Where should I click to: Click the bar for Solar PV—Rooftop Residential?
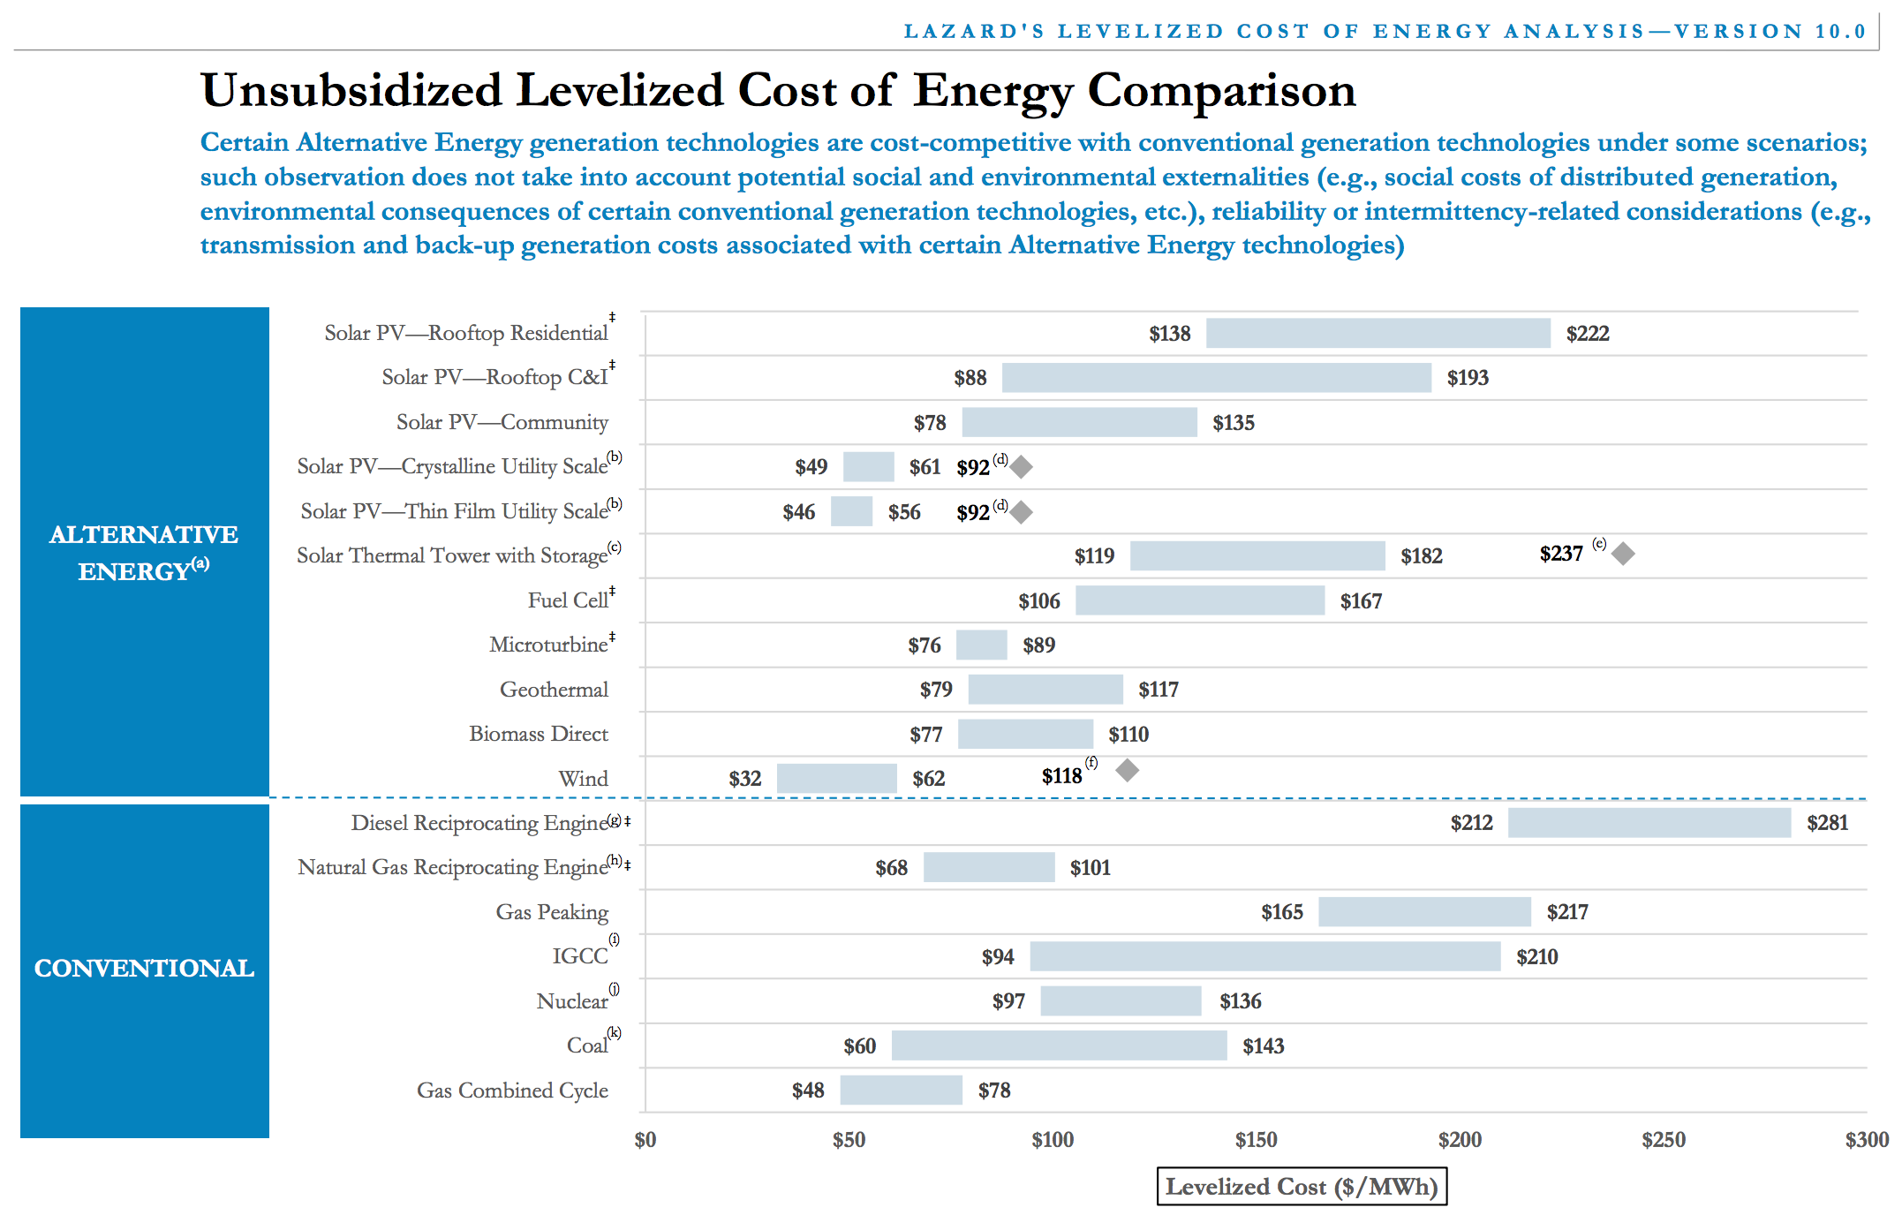point(1377,333)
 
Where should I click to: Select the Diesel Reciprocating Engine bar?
point(1649,822)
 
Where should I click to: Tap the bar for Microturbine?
point(981,645)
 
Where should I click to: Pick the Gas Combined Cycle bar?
point(901,1090)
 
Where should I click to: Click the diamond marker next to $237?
point(1623,554)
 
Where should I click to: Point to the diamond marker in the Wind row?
point(1127,770)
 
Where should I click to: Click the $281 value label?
point(1827,823)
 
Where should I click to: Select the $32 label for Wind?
point(744,779)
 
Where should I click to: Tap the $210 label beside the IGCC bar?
point(1536,957)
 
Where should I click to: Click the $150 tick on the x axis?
point(1256,1140)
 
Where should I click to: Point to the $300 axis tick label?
point(1866,1140)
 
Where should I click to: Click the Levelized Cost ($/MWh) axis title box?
point(1302,1187)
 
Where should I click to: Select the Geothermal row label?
point(554,690)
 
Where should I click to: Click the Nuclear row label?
point(572,1001)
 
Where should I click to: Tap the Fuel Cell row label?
point(568,600)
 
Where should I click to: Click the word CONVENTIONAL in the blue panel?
point(144,969)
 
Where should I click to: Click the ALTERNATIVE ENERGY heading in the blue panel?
point(144,553)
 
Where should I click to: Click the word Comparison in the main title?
point(1221,91)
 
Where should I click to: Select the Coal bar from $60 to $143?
point(1059,1045)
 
